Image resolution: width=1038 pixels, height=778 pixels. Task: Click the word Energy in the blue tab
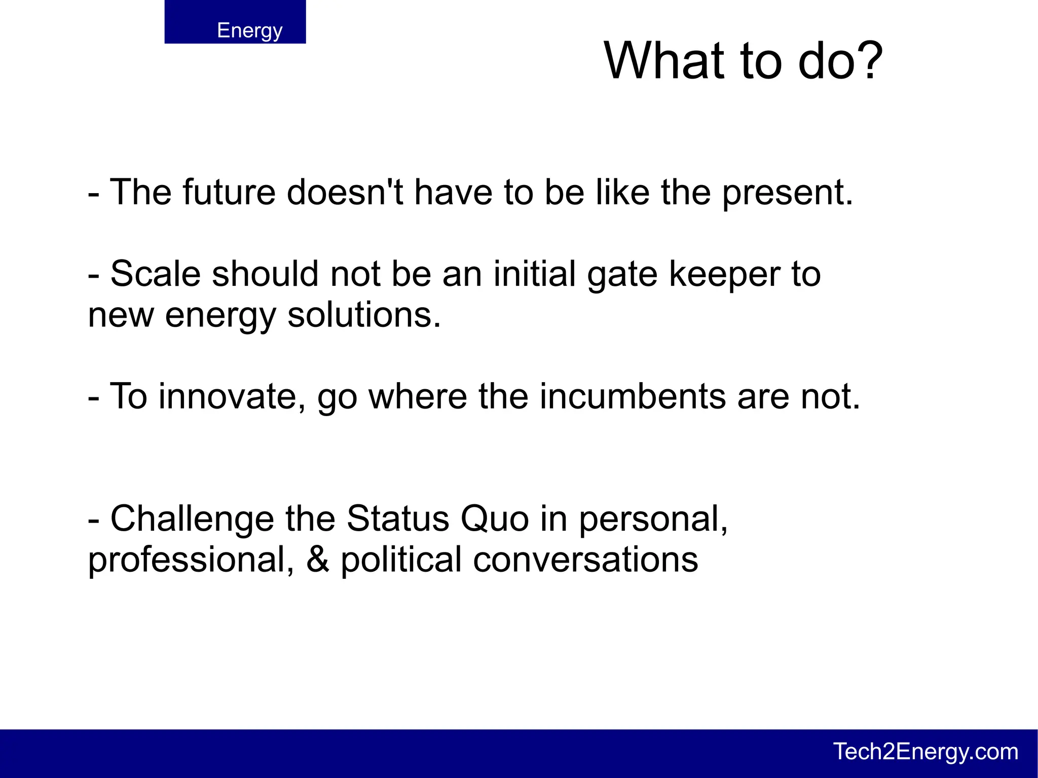(249, 30)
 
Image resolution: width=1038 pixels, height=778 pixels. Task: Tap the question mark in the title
(867, 61)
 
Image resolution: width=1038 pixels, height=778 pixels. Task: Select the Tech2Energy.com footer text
(925, 752)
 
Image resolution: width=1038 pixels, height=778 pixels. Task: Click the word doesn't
(345, 193)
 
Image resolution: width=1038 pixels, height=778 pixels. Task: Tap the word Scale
(155, 274)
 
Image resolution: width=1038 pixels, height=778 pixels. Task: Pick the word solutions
(364, 316)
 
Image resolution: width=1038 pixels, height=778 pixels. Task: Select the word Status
(398, 519)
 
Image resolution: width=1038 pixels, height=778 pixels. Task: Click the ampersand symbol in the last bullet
(318, 560)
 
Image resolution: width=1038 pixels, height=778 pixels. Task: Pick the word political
(401, 560)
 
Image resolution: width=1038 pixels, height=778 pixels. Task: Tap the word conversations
(585, 560)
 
